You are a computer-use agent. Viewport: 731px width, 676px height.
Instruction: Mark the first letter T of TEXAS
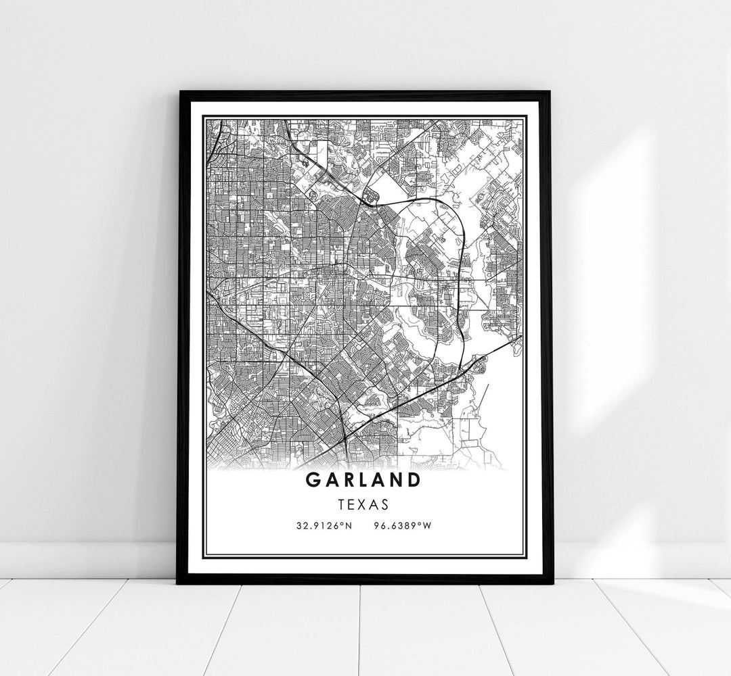tap(345, 504)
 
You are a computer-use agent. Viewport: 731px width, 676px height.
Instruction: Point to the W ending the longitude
tap(426, 525)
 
